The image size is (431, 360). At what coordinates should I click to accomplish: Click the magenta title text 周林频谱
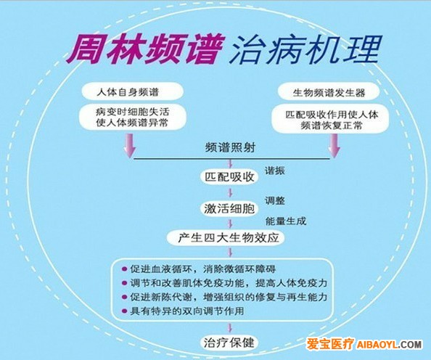(x=144, y=49)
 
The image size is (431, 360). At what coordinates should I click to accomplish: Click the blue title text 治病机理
(x=305, y=49)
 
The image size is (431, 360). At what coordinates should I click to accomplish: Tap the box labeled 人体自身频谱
(x=133, y=91)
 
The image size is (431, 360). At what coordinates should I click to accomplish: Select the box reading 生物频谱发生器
(x=329, y=92)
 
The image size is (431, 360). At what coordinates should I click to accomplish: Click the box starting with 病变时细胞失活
(x=133, y=117)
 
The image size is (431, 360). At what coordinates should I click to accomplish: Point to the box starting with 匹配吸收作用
(x=331, y=119)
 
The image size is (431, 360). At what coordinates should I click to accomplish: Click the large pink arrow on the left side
(x=130, y=145)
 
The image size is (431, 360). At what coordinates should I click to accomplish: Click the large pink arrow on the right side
(x=334, y=146)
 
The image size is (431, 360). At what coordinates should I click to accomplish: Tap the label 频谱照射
(x=230, y=148)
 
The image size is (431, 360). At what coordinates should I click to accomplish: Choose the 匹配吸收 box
(x=229, y=177)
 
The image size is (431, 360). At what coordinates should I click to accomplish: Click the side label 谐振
(x=274, y=171)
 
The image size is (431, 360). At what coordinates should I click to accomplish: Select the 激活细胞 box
(x=229, y=209)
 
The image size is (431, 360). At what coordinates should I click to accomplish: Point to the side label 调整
(x=274, y=201)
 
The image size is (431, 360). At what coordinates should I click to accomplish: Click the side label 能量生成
(x=286, y=221)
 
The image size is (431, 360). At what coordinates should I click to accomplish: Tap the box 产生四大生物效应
(x=226, y=238)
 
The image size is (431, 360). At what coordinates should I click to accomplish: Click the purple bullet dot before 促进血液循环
(x=125, y=269)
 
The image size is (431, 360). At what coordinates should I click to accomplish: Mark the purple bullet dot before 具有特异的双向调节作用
(x=125, y=311)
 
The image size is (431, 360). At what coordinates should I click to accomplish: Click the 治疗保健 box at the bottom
(x=229, y=343)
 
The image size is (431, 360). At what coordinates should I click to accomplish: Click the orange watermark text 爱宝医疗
(x=330, y=344)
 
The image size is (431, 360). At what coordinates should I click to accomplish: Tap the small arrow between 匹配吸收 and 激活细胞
(x=230, y=192)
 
